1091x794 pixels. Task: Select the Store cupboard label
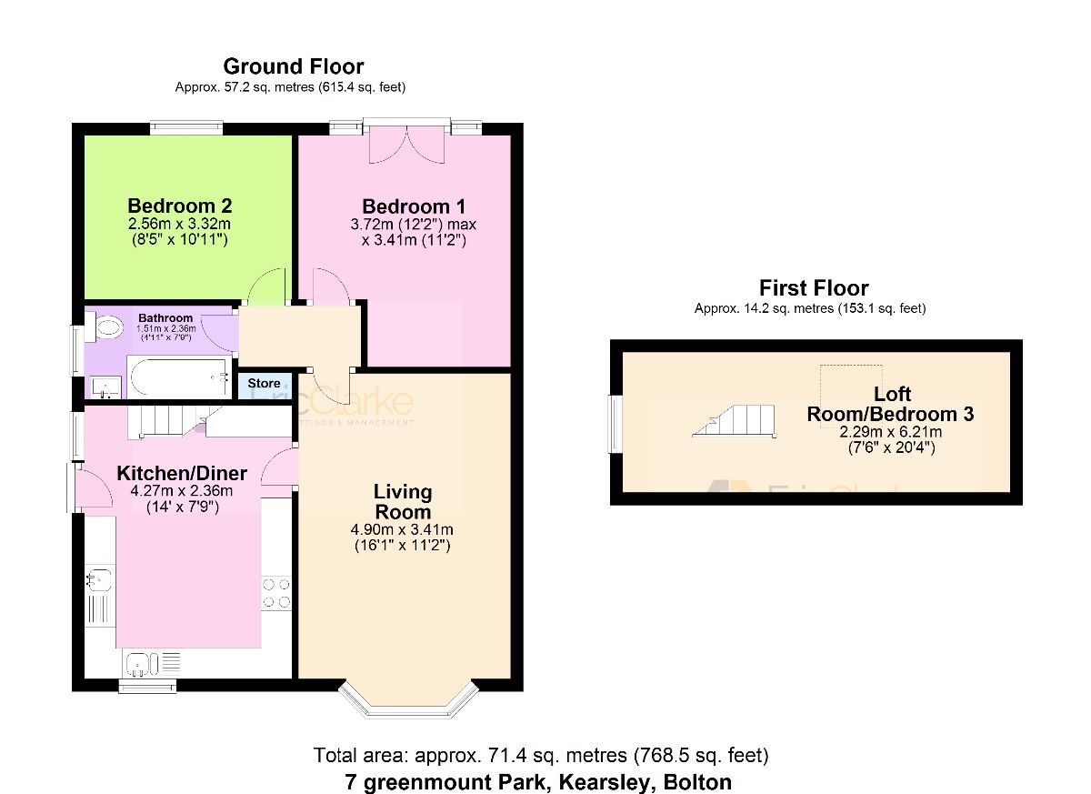pos(265,384)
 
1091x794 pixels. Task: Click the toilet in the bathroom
pos(106,327)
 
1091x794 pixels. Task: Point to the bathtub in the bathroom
pos(178,377)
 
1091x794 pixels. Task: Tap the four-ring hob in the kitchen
pos(277,593)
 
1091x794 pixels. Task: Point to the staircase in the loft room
pos(735,421)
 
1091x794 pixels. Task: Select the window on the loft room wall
pos(616,424)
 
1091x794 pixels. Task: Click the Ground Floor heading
pos(293,66)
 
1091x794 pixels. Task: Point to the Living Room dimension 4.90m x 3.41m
pos(403,530)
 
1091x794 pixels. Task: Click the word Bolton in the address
pos(697,781)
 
